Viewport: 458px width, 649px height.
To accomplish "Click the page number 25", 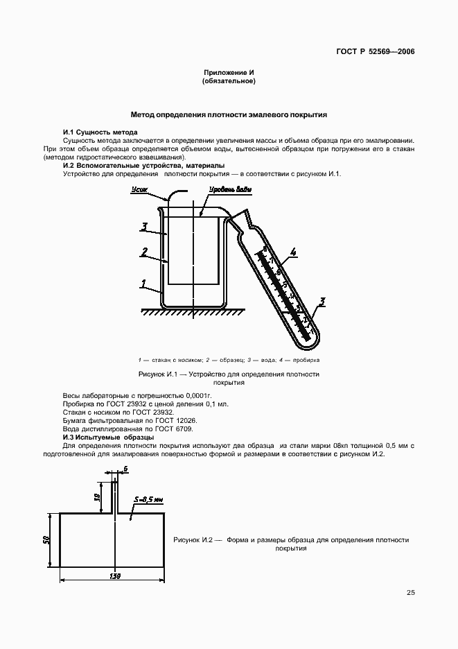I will [x=410, y=593].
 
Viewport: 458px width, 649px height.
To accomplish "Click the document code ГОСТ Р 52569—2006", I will [x=376, y=51].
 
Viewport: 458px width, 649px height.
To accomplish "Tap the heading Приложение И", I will [x=229, y=73].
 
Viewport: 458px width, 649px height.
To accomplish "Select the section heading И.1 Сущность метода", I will [x=100, y=132].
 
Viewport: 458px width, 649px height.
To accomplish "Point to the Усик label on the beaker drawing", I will [x=138, y=188].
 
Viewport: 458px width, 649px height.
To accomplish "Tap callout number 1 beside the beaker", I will [x=143, y=284].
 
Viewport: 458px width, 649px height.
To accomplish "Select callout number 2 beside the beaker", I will [x=143, y=252].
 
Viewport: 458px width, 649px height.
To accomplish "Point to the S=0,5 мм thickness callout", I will [x=148, y=499].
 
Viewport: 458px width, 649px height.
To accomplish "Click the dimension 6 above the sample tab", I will [x=125, y=469].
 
